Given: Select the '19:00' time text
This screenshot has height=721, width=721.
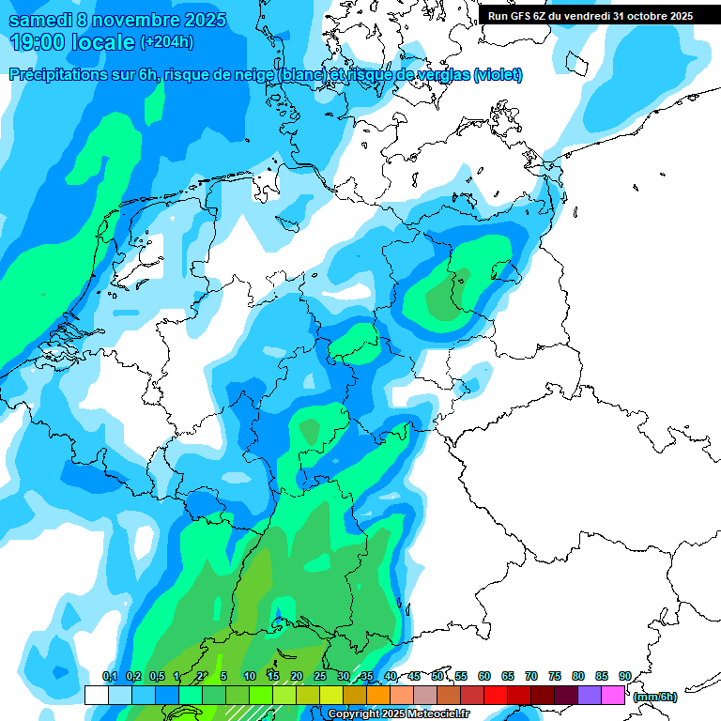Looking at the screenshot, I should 37,42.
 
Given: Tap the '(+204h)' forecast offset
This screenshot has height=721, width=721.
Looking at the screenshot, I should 166,41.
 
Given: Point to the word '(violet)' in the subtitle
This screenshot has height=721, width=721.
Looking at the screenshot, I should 498,75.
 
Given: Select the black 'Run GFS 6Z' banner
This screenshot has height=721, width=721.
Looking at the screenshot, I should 590,16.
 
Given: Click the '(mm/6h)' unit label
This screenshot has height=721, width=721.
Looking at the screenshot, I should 654,697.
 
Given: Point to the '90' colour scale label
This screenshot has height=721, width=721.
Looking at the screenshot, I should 624,676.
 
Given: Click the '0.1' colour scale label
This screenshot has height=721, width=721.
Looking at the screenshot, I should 109,676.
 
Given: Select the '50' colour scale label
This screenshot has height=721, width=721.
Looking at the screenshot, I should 437,676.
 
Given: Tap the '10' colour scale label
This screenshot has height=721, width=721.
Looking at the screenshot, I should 250,676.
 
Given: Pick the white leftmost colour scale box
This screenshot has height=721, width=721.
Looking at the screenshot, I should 96,695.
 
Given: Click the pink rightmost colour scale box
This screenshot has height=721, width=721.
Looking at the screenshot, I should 613,695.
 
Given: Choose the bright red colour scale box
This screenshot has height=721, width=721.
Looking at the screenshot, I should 496,695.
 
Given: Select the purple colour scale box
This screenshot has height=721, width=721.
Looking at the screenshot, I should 590,695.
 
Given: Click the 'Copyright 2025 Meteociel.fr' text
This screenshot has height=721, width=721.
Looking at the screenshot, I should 398,714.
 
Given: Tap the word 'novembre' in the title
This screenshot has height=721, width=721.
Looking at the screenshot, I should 120,20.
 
